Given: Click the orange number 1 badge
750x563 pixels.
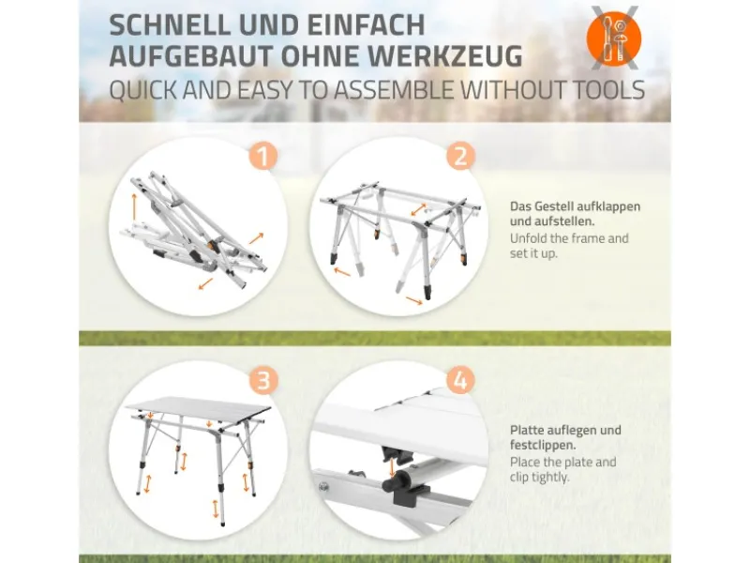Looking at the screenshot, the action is (263, 156).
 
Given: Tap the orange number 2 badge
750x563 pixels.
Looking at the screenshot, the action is (460, 156).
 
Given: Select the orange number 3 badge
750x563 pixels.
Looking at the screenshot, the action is (263, 381).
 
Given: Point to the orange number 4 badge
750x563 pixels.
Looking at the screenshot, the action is (460, 381).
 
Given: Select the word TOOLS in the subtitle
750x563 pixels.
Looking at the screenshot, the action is (602, 90).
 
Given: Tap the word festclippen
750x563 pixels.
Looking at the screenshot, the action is (543, 445).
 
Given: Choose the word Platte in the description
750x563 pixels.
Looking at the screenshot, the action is (528, 430).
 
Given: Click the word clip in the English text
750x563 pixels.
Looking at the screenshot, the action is (518, 478).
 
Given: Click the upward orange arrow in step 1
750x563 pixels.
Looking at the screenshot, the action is (134, 206).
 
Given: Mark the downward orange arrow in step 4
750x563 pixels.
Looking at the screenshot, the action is (392, 467).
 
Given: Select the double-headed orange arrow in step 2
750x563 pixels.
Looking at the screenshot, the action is (418, 209).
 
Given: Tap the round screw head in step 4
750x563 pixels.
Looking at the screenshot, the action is (324, 487).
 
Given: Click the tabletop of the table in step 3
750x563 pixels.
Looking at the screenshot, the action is (199, 407).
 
